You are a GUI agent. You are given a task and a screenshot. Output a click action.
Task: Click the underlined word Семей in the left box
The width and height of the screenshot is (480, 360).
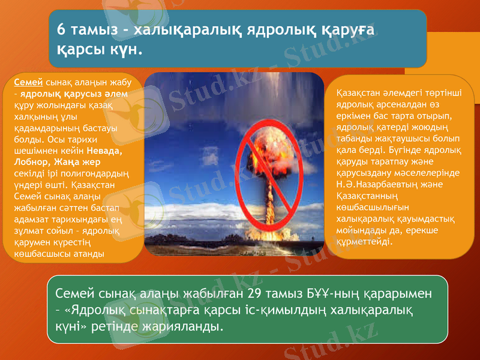[x=28, y=82]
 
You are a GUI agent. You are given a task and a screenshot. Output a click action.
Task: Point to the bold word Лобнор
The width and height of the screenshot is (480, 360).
[x=30, y=162]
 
